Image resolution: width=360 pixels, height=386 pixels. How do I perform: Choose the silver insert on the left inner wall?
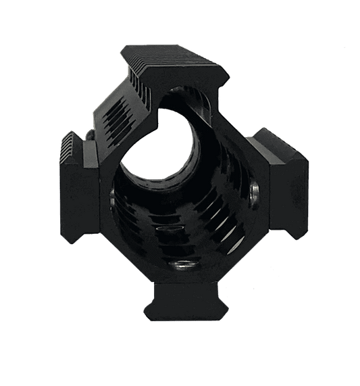(111, 196)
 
